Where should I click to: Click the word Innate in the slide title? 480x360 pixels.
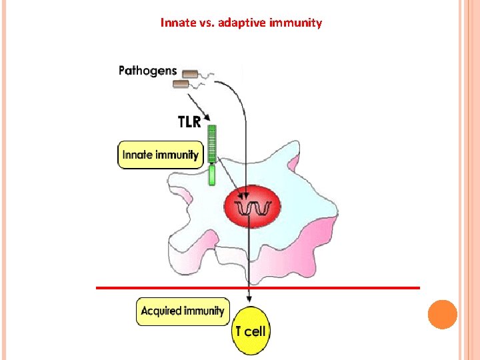pos(176,23)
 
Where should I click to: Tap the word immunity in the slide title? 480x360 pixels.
pos(295,23)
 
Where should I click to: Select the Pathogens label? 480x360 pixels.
pos(148,70)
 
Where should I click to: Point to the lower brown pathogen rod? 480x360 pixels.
pos(181,84)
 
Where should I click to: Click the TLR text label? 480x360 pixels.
pos(189,121)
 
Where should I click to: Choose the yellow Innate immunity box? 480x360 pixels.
pos(160,155)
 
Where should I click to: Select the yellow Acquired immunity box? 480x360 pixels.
pos(183,311)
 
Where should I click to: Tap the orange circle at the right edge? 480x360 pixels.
pos(442,315)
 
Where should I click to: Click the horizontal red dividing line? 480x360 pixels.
pos(333,288)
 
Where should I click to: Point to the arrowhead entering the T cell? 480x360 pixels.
pos(249,303)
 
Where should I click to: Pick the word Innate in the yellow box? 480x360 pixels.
pos(137,155)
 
